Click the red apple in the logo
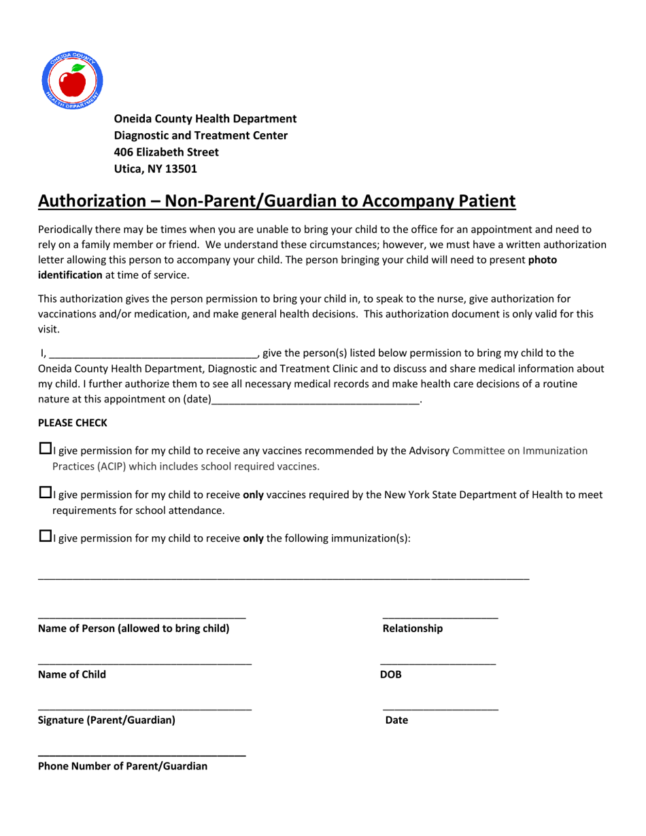click(x=73, y=83)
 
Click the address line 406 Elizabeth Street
click(x=166, y=152)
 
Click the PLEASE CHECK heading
click(x=72, y=423)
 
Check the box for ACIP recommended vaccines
click(x=45, y=449)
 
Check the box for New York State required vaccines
click(x=45, y=493)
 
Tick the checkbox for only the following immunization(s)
click(x=45, y=536)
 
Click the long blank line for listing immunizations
click(x=283, y=578)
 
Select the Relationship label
click(x=412, y=629)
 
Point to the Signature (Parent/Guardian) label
click(x=106, y=720)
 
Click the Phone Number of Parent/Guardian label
click(x=122, y=766)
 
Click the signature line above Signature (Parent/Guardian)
click(x=144, y=710)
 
